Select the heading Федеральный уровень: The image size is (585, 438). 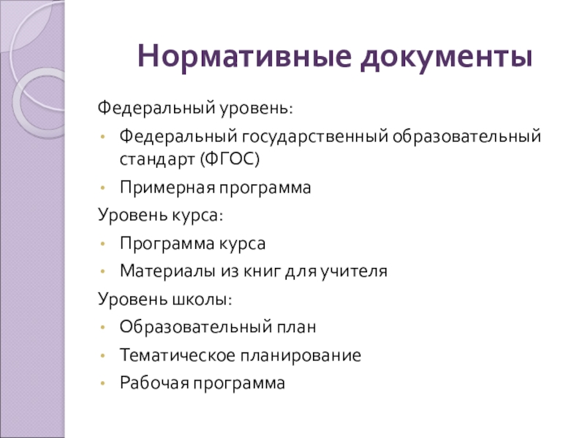point(196,109)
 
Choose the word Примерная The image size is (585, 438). point(165,188)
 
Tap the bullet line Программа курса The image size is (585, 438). point(193,243)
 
